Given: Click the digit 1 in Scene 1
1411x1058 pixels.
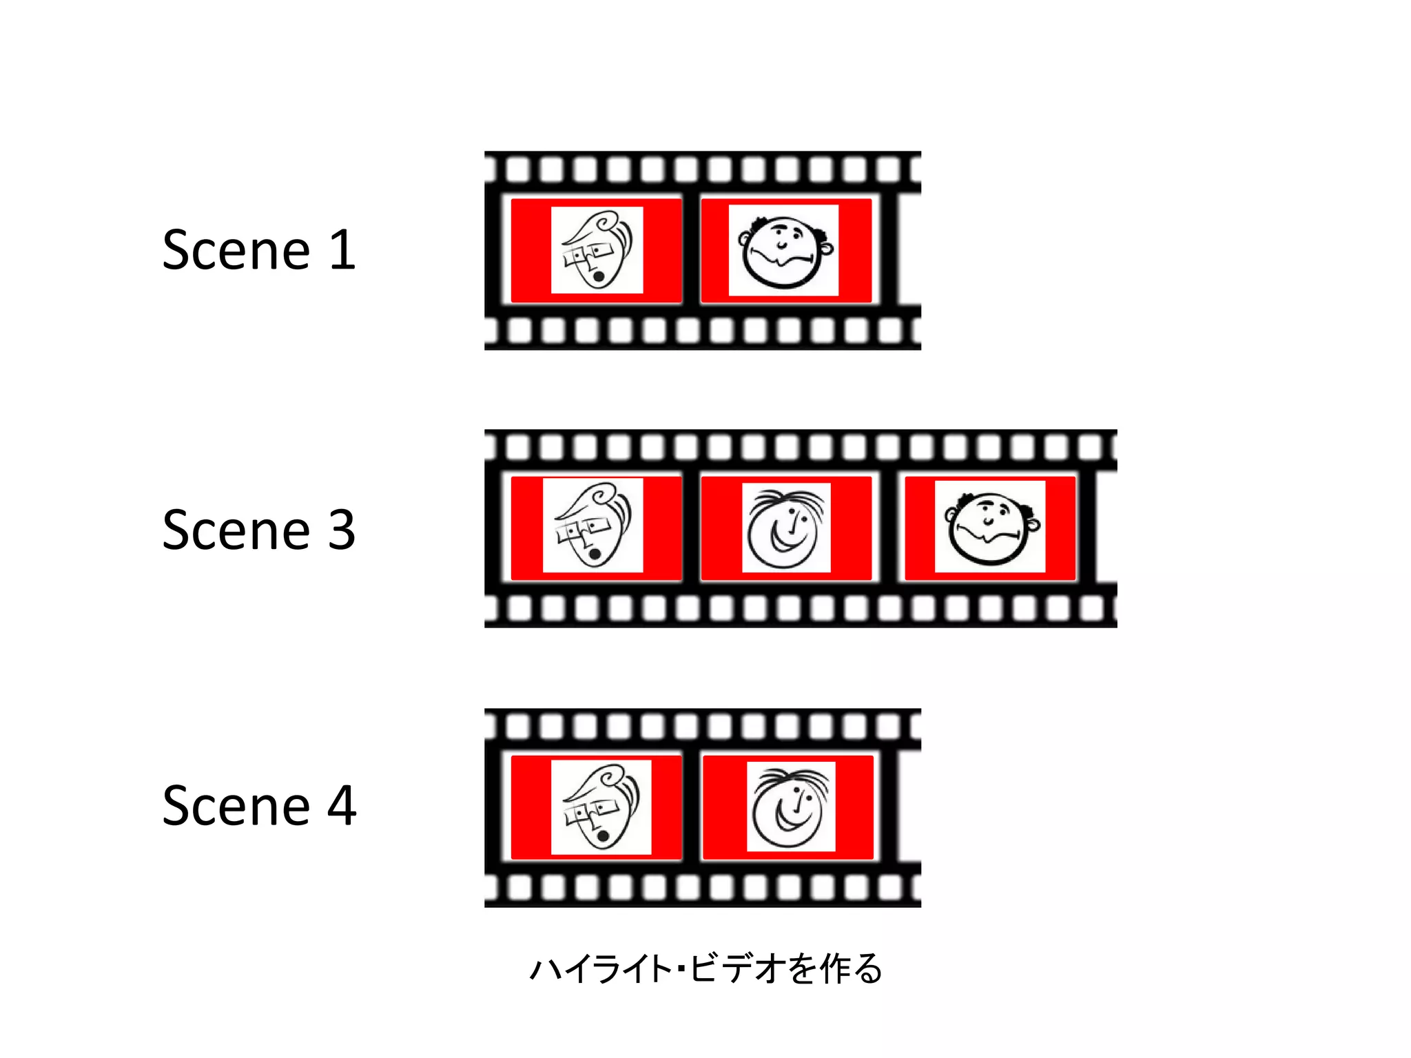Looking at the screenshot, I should click(342, 249).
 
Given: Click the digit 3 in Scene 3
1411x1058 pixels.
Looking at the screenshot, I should click(342, 530).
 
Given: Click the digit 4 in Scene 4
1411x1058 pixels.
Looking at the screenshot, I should click(342, 805).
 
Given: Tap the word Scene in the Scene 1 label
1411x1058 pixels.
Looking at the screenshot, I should click(236, 249).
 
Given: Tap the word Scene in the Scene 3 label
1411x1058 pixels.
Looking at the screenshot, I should click(236, 530).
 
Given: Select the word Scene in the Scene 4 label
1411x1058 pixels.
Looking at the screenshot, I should click(236, 805).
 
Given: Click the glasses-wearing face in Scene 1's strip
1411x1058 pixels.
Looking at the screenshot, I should click(597, 250).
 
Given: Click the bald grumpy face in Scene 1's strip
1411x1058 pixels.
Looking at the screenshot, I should click(784, 251).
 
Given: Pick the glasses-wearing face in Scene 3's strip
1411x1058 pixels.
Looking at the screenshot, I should click(593, 525).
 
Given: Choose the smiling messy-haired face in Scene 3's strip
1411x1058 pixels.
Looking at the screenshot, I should click(786, 528).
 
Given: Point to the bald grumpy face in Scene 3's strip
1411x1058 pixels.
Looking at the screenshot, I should click(990, 527).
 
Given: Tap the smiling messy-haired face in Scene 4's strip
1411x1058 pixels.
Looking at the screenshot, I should click(791, 807).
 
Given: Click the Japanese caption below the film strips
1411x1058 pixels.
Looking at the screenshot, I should click(705, 968).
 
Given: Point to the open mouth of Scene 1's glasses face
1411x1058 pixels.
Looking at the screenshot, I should click(599, 277).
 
